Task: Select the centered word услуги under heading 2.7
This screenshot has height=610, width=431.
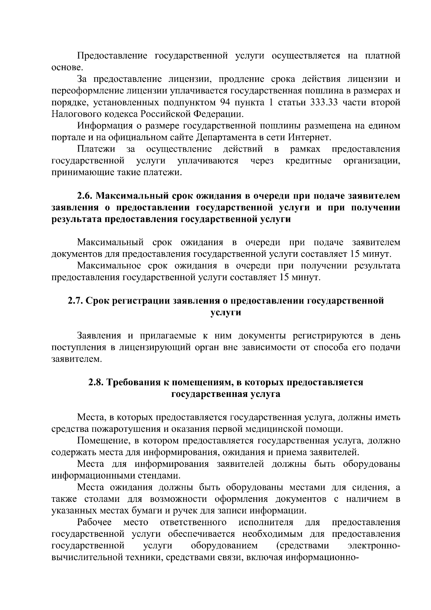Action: click(x=226, y=312)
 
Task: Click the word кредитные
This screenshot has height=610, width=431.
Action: click(x=308, y=161)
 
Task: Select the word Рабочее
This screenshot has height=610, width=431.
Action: click(x=94, y=522)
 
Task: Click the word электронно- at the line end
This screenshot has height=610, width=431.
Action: click(x=374, y=546)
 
